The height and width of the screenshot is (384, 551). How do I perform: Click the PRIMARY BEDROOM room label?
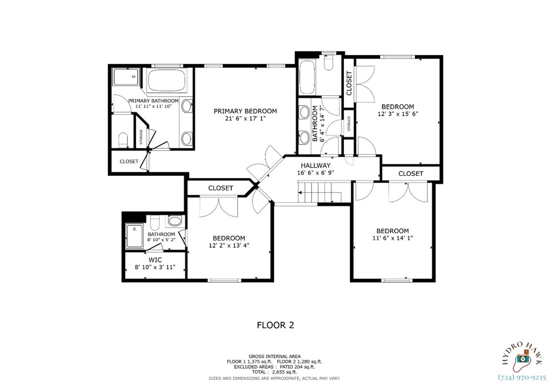tap(245, 111)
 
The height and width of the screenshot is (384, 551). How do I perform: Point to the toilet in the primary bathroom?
tap(123, 140)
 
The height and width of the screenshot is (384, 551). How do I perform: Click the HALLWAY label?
tap(314, 166)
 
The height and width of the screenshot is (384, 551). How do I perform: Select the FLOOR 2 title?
tap(275, 325)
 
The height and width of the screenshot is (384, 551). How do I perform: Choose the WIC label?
tap(155, 259)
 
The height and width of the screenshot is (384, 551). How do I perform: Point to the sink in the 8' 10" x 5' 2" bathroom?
tap(174, 222)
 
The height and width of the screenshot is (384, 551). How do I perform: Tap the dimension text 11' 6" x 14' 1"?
tap(392, 238)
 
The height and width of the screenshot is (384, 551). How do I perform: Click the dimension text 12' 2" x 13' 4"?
tap(229, 245)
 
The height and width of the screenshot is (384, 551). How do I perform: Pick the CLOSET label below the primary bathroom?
tap(129, 161)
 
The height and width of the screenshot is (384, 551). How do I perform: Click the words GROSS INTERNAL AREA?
tap(274, 356)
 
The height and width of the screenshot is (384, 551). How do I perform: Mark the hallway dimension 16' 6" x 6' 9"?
tap(315, 173)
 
